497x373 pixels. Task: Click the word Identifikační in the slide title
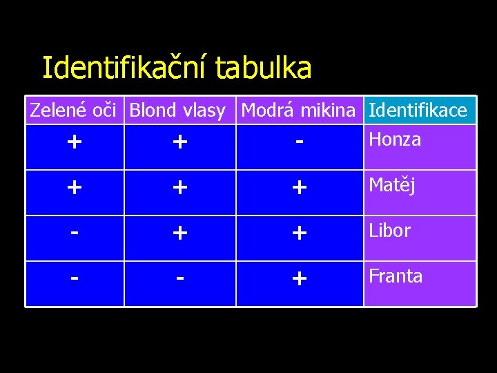(x=125, y=68)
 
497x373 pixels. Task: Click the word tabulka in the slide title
(x=264, y=68)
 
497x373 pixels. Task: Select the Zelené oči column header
(x=75, y=110)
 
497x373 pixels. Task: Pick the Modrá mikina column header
(x=299, y=111)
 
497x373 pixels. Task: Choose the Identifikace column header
(x=418, y=111)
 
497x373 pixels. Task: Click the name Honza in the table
(x=395, y=140)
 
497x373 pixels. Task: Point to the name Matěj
(x=392, y=185)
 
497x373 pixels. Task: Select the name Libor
(x=390, y=231)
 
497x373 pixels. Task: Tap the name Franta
(x=396, y=276)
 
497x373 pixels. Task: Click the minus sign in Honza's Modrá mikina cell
(x=299, y=141)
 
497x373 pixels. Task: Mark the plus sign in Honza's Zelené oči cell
(x=75, y=142)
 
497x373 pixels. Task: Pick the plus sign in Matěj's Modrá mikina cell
(x=299, y=188)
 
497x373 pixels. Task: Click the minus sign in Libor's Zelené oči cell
(x=75, y=231)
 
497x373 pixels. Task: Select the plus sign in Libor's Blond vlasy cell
(x=179, y=233)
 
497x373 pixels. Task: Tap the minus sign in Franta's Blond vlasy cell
(x=179, y=277)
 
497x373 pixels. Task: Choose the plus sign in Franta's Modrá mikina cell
(x=299, y=279)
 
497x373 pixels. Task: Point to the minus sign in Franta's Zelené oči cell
(x=75, y=277)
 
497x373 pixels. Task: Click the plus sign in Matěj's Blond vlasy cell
(x=179, y=188)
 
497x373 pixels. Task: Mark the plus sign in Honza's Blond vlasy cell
(x=179, y=142)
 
